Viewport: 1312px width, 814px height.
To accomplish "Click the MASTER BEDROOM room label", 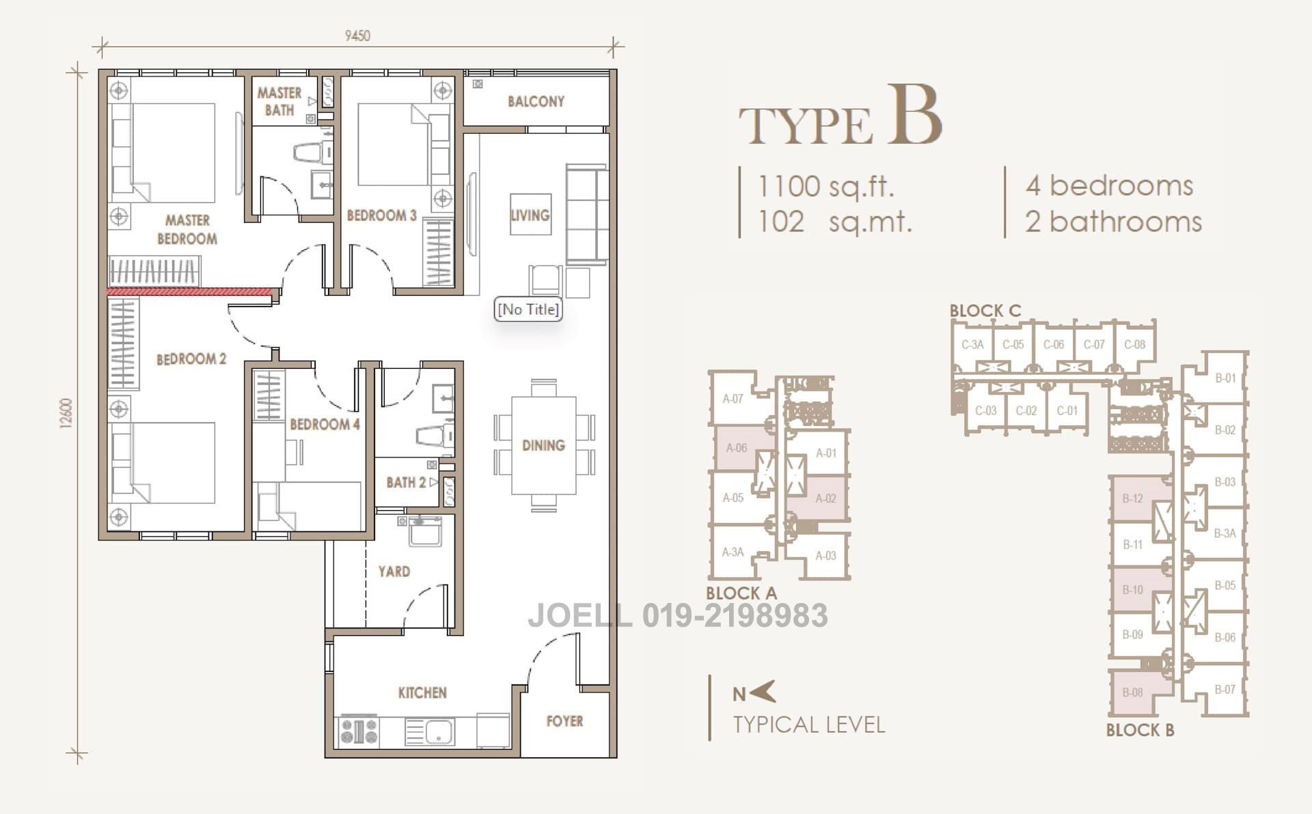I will tap(187, 229).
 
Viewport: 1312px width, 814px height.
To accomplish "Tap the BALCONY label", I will tap(536, 102).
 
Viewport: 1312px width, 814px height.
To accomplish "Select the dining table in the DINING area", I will tap(543, 445).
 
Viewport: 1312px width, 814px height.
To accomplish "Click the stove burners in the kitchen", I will tap(359, 731).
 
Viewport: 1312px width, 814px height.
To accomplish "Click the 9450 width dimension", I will tap(357, 36).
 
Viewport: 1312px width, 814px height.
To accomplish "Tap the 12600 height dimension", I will tap(66, 413).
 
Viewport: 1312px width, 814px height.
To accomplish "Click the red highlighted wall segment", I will tap(190, 292).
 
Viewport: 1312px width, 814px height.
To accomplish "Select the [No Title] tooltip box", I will tap(528, 309).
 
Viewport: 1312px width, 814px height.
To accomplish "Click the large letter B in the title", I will tap(914, 116).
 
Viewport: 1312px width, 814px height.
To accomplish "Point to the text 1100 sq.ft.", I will tap(825, 186).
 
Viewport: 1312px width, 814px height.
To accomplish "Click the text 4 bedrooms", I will tap(1109, 186).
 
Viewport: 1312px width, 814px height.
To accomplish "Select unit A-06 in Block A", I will tap(737, 448).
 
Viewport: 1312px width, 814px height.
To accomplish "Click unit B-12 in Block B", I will tap(1132, 498).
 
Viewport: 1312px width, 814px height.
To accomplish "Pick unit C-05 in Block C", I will tap(1013, 345).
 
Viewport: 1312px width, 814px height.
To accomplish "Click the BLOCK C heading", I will tap(985, 311).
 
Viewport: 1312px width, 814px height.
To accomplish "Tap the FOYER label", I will tap(564, 721).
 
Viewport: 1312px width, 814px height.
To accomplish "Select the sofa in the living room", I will tap(586, 214).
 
